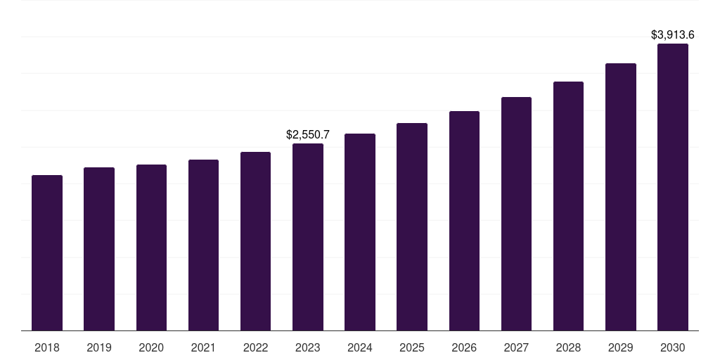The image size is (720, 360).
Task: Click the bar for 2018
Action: pos(47,253)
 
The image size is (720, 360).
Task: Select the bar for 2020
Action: pos(151,247)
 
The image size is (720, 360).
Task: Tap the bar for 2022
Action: pos(255,241)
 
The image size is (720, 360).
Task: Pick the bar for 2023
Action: pos(308,237)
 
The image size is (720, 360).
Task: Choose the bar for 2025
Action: pos(412,227)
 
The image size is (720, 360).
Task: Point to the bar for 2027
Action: pos(516,214)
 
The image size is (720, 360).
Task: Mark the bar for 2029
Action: pos(621,197)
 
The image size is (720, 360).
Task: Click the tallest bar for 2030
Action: pos(673,187)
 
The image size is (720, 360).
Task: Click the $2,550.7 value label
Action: pos(308,134)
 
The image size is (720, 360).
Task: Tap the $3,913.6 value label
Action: pos(673,34)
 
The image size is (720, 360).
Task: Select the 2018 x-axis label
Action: pos(47,347)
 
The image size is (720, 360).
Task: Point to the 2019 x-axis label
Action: pos(99,347)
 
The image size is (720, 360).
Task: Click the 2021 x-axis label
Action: pos(203,347)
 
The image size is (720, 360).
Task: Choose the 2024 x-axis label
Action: pos(360,347)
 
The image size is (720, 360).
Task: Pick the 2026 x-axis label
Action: pos(464,347)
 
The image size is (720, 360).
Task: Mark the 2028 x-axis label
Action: pos(568,347)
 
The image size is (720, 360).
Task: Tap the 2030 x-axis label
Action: pos(673,347)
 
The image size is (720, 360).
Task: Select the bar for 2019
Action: pos(99,249)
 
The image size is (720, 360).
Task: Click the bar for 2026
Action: pos(464,221)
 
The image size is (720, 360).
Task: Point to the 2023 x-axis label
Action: pos(308,347)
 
